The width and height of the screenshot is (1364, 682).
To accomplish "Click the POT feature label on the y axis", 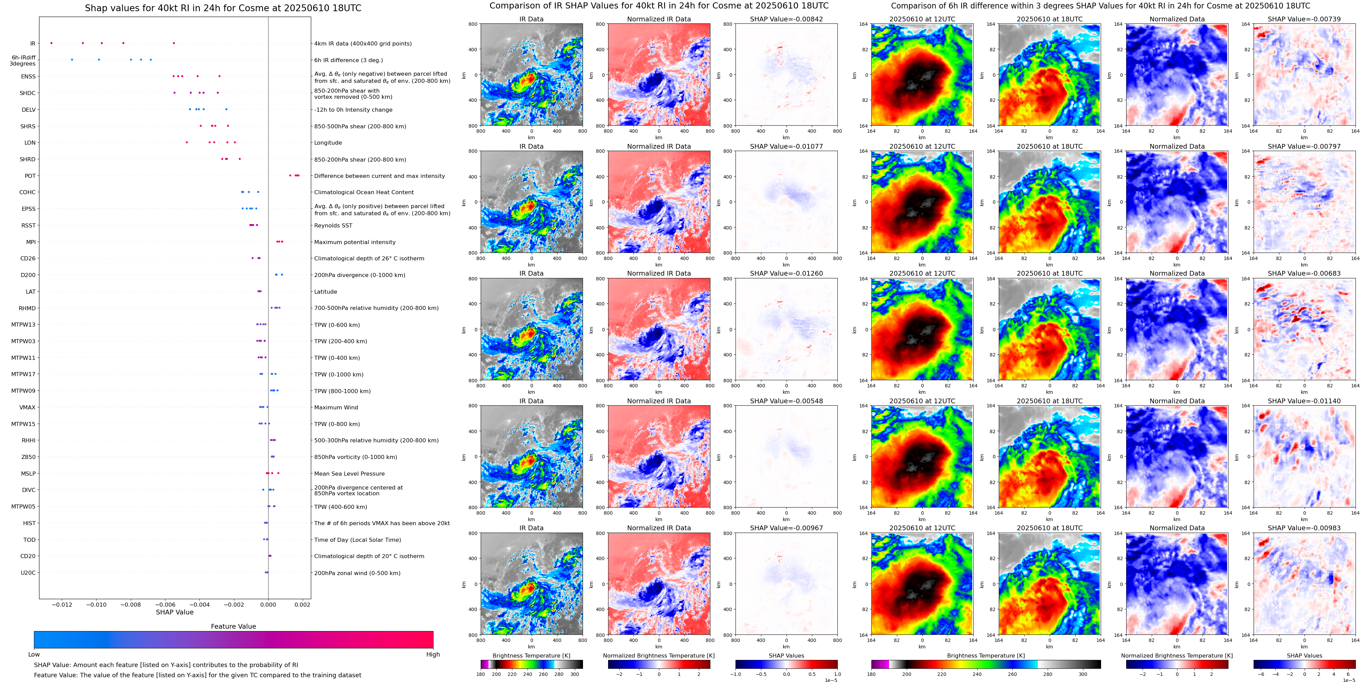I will pyautogui.click(x=30, y=176).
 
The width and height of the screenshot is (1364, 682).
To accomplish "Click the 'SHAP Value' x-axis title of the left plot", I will pyautogui.click(x=175, y=612).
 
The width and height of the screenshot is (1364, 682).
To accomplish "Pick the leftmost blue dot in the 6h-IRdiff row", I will pyautogui.click(x=72, y=60).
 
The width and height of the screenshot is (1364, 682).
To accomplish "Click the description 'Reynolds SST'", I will pyautogui.click(x=333, y=225).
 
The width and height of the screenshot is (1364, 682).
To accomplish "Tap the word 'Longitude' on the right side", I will pyautogui.click(x=328, y=143).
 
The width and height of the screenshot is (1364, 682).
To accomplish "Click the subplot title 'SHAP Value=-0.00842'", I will pyautogui.click(x=786, y=19).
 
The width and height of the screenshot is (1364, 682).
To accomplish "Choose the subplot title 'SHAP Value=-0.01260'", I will pyautogui.click(x=786, y=274).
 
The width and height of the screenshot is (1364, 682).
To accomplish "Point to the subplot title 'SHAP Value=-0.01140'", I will pyautogui.click(x=1304, y=401).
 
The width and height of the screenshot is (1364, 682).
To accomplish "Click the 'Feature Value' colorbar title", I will pyautogui.click(x=233, y=626).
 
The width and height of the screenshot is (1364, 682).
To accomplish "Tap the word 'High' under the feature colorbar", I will pyautogui.click(x=433, y=655).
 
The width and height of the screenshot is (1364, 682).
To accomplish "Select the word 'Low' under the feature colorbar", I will pyautogui.click(x=34, y=655).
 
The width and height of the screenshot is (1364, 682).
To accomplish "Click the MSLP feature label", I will pyautogui.click(x=29, y=474).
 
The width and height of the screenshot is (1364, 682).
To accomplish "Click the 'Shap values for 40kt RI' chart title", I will pyautogui.click(x=223, y=8).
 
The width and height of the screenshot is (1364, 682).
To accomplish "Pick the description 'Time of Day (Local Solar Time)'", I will pyautogui.click(x=357, y=540).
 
